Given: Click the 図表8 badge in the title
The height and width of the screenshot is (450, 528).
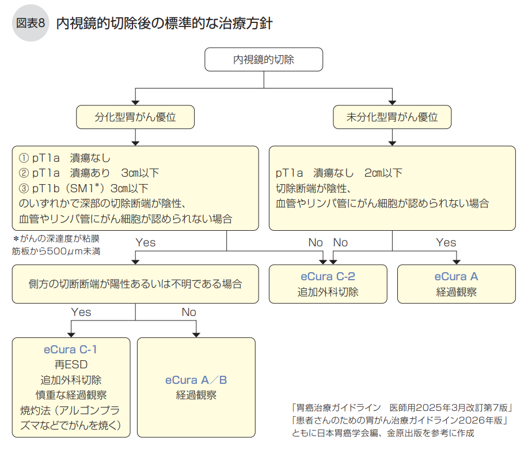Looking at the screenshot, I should pos(31,23).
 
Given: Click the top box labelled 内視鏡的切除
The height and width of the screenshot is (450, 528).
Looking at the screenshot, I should pos(264,59).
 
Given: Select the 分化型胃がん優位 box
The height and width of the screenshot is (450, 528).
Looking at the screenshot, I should pos(135,117).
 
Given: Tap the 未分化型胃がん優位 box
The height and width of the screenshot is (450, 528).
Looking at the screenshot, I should pos(392,117).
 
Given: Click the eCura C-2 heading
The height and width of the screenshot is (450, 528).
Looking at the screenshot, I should pos(328,276).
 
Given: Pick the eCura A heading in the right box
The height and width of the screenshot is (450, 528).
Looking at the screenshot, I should pos(456,276).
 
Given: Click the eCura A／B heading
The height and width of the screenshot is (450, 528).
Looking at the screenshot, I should pos(196,380).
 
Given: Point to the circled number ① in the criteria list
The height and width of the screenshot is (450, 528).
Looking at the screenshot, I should pos(24,158).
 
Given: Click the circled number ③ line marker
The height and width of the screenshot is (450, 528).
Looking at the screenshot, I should pos(24,188).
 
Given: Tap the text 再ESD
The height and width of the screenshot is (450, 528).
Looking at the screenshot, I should pos(71,365).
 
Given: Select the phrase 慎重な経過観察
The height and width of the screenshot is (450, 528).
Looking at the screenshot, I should pos(71,395).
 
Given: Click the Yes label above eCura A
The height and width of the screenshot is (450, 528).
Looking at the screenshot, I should pos(446,242).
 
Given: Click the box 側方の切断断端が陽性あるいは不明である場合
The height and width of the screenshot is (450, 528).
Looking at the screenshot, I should pos(135,284).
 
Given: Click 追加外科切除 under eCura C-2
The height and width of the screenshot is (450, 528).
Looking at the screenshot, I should pos(328,292).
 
